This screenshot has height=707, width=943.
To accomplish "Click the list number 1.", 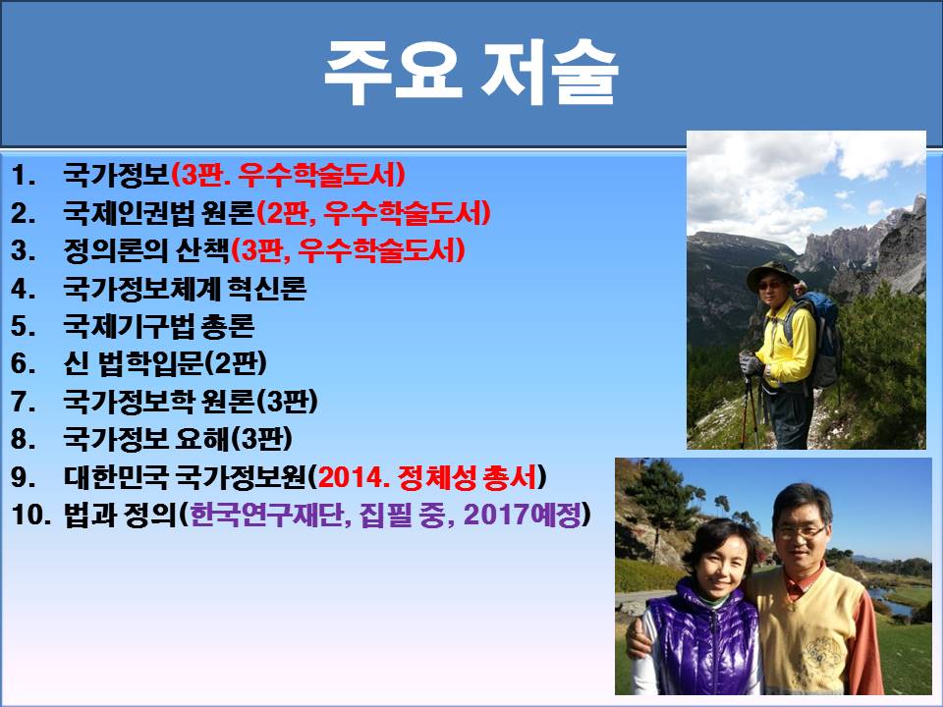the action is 23,175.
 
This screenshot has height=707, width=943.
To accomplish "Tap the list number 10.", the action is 30,515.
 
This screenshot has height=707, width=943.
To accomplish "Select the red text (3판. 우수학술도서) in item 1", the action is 288,175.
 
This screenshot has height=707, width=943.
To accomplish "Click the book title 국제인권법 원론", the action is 159,213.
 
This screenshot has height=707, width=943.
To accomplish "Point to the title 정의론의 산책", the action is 146,250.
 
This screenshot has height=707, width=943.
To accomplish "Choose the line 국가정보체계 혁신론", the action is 185,288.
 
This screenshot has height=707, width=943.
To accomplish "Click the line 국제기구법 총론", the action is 159,326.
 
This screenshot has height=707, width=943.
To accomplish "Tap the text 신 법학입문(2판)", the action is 165,363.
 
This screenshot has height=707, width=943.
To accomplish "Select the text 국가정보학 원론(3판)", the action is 191,401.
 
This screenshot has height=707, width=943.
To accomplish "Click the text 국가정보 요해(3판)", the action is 178,439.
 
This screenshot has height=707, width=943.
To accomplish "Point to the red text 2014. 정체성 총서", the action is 427,477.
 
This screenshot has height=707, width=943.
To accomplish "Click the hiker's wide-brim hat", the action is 772,274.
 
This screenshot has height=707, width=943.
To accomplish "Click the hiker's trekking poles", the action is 749,411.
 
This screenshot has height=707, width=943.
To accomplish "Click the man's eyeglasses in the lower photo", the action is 803,532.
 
